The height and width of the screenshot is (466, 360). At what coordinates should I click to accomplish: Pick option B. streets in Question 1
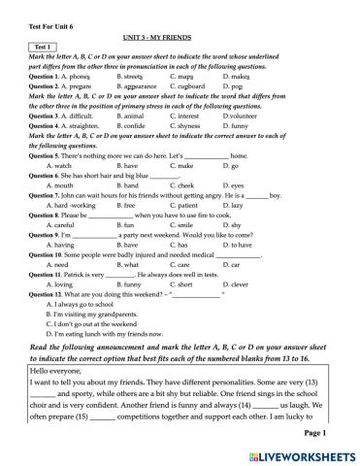(130, 76)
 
